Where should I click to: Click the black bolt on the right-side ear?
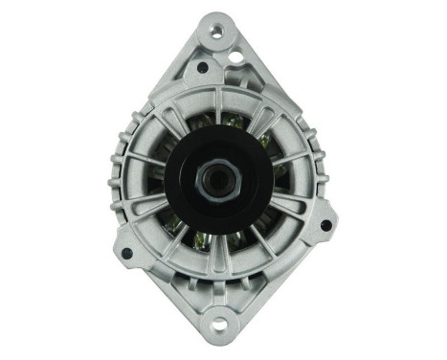pos(326,226)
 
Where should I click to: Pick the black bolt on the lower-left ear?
pos(126,254)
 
